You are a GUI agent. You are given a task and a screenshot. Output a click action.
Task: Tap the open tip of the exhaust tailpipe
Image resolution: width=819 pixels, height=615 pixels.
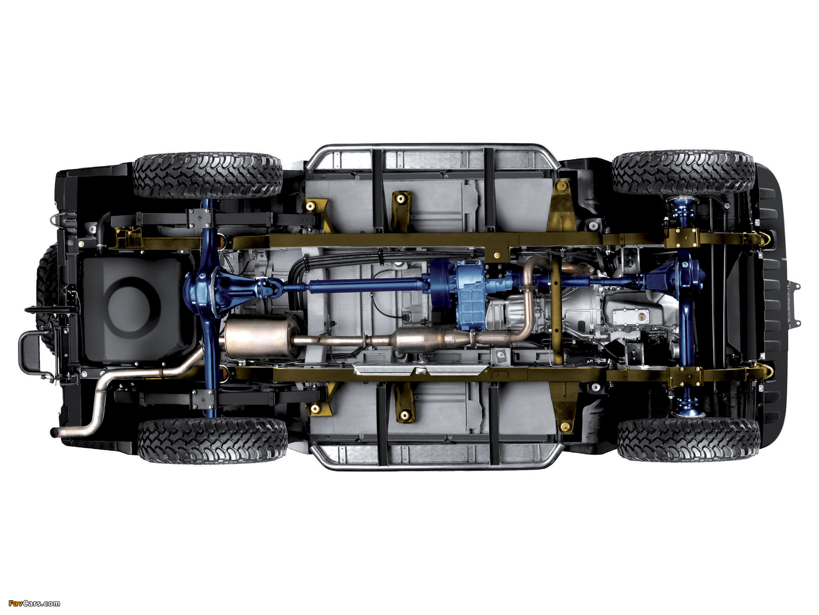click(x=53, y=433)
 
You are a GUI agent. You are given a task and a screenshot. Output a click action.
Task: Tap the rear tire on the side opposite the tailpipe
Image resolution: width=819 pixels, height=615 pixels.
click(x=207, y=175)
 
